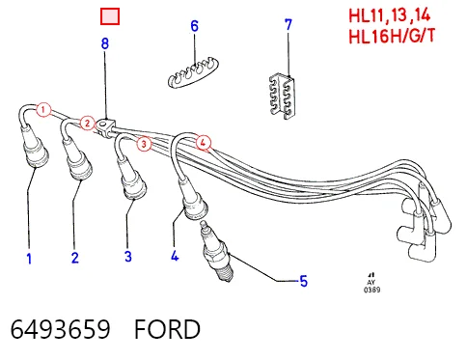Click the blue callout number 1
pyautogui.click(x=29, y=259)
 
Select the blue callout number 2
pyautogui.click(x=75, y=258)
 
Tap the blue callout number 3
pyautogui.click(x=128, y=257)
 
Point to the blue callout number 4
pyautogui.click(x=175, y=256)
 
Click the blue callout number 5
pyautogui.click(x=304, y=281)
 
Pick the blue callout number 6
pyautogui.click(x=195, y=26)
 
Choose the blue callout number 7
pyautogui.click(x=288, y=25)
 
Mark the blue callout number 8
pyautogui.click(x=105, y=43)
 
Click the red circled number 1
pyautogui.click(x=43, y=110)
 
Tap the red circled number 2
pyautogui.click(x=87, y=124)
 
